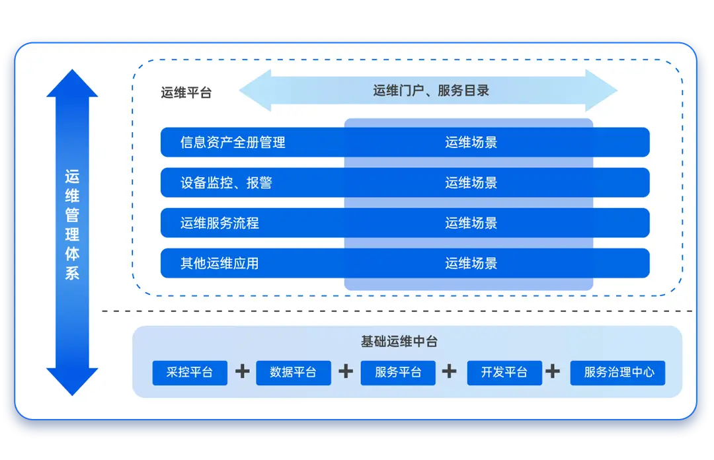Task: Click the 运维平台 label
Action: pyautogui.click(x=186, y=93)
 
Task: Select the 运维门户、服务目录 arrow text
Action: pyautogui.click(x=431, y=91)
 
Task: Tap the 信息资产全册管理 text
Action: pyautogui.click(x=233, y=142)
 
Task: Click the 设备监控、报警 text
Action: pyautogui.click(x=226, y=183)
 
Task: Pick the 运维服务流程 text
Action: pyautogui.click(x=219, y=223)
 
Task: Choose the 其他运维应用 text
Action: pyautogui.click(x=219, y=264)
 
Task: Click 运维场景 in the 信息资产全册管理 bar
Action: pyautogui.click(x=471, y=142)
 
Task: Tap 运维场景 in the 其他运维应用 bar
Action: pyautogui.click(x=471, y=264)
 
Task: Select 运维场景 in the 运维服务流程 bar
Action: pyautogui.click(x=471, y=223)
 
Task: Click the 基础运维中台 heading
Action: pyautogui.click(x=399, y=342)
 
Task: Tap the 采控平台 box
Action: pyautogui.click(x=190, y=373)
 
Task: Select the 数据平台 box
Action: pyautogui.click(x=293, y=373)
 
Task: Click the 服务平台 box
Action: pyautogui.click(x=398, y=373)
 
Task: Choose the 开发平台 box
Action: pyautogui.click(x=504, y=373)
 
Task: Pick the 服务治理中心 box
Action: pyautogui.click(x=619, y=373)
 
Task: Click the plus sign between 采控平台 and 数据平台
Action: pyautogui.click(x=243, y=371)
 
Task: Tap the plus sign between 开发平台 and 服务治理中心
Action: pyautogui.click(x=553, y=371)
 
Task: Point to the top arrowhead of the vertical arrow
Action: pyautogui.click(x=72, y=83)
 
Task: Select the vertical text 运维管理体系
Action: pyautogui.click(x=72, y=225)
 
